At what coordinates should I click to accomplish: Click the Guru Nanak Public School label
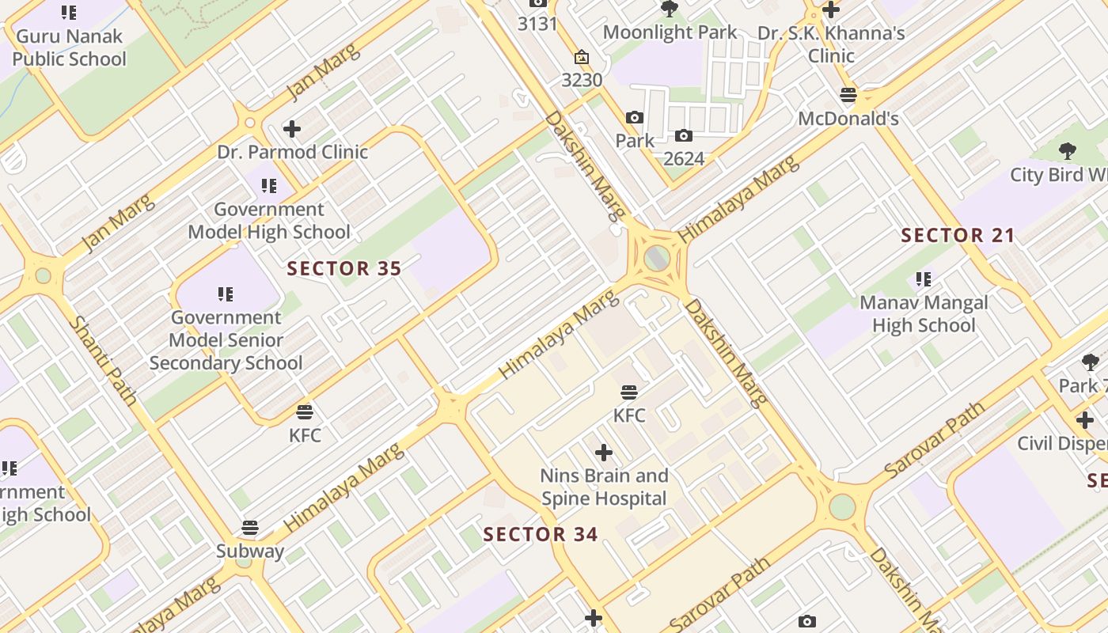(x=69, y=47)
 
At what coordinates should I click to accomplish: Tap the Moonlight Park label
(x=670, y=32)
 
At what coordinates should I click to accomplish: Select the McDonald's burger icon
(x=848, y=95)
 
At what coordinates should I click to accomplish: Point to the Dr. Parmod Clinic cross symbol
(x=292, y=128)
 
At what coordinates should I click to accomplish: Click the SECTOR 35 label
(x=344, y=269)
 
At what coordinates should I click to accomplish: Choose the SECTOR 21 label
(x=958, y=235)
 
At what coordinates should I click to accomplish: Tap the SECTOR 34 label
(x=541, y=534)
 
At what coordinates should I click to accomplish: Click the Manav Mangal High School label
(x=924, y=314)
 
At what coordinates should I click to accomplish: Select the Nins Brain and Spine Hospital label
(x=604, y=487)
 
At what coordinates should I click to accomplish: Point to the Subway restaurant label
(x=250, y=552)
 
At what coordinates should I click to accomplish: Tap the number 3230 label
(x=582, y=80)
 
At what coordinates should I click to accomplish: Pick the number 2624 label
(x=684, y=158)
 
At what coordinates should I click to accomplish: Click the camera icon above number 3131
(x=538, y=3)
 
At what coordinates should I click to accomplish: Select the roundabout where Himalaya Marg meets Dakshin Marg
(x=657, y=258)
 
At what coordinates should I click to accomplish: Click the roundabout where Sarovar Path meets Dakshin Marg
(x=842, y=506)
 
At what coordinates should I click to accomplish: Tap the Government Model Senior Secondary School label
(x=226, y=340)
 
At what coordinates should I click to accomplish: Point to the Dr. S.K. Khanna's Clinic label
(x=831, y=44)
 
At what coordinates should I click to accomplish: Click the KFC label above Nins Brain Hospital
(x=629, y=415)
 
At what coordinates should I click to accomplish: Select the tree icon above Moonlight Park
(x=670, y=9)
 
